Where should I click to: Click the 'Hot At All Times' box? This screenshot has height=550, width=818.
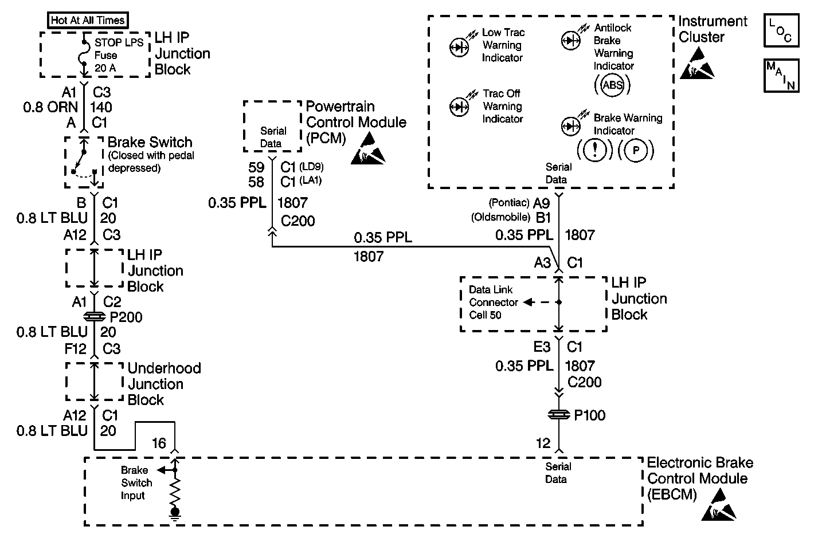tap(88, 20)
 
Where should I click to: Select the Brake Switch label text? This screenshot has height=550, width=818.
tap(150, 142)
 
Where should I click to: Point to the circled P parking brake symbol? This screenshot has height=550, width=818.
tap(636, 151)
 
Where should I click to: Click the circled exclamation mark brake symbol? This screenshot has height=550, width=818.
tap(595, 151)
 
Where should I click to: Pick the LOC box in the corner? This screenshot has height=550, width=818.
tap(781, 31)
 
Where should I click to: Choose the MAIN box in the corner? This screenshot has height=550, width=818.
tap(781, 76)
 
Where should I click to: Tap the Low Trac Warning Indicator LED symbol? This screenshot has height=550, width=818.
tap(460, 47)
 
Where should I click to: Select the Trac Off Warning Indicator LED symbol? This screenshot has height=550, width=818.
tap(460, 107)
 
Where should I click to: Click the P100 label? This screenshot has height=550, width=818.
tap(590, 415)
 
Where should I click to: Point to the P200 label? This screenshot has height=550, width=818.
tap(126, 317)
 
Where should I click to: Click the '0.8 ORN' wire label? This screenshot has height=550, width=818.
tap(50, 107)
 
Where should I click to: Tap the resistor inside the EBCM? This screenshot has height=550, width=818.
tap(175, 489)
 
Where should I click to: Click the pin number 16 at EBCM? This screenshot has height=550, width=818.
tap(159, 443)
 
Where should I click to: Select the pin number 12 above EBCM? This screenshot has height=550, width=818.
tap(543, 443)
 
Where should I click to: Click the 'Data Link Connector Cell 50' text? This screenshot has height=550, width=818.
tap(494, 302)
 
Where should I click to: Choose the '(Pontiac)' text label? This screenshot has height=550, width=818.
tap(508, 203)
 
